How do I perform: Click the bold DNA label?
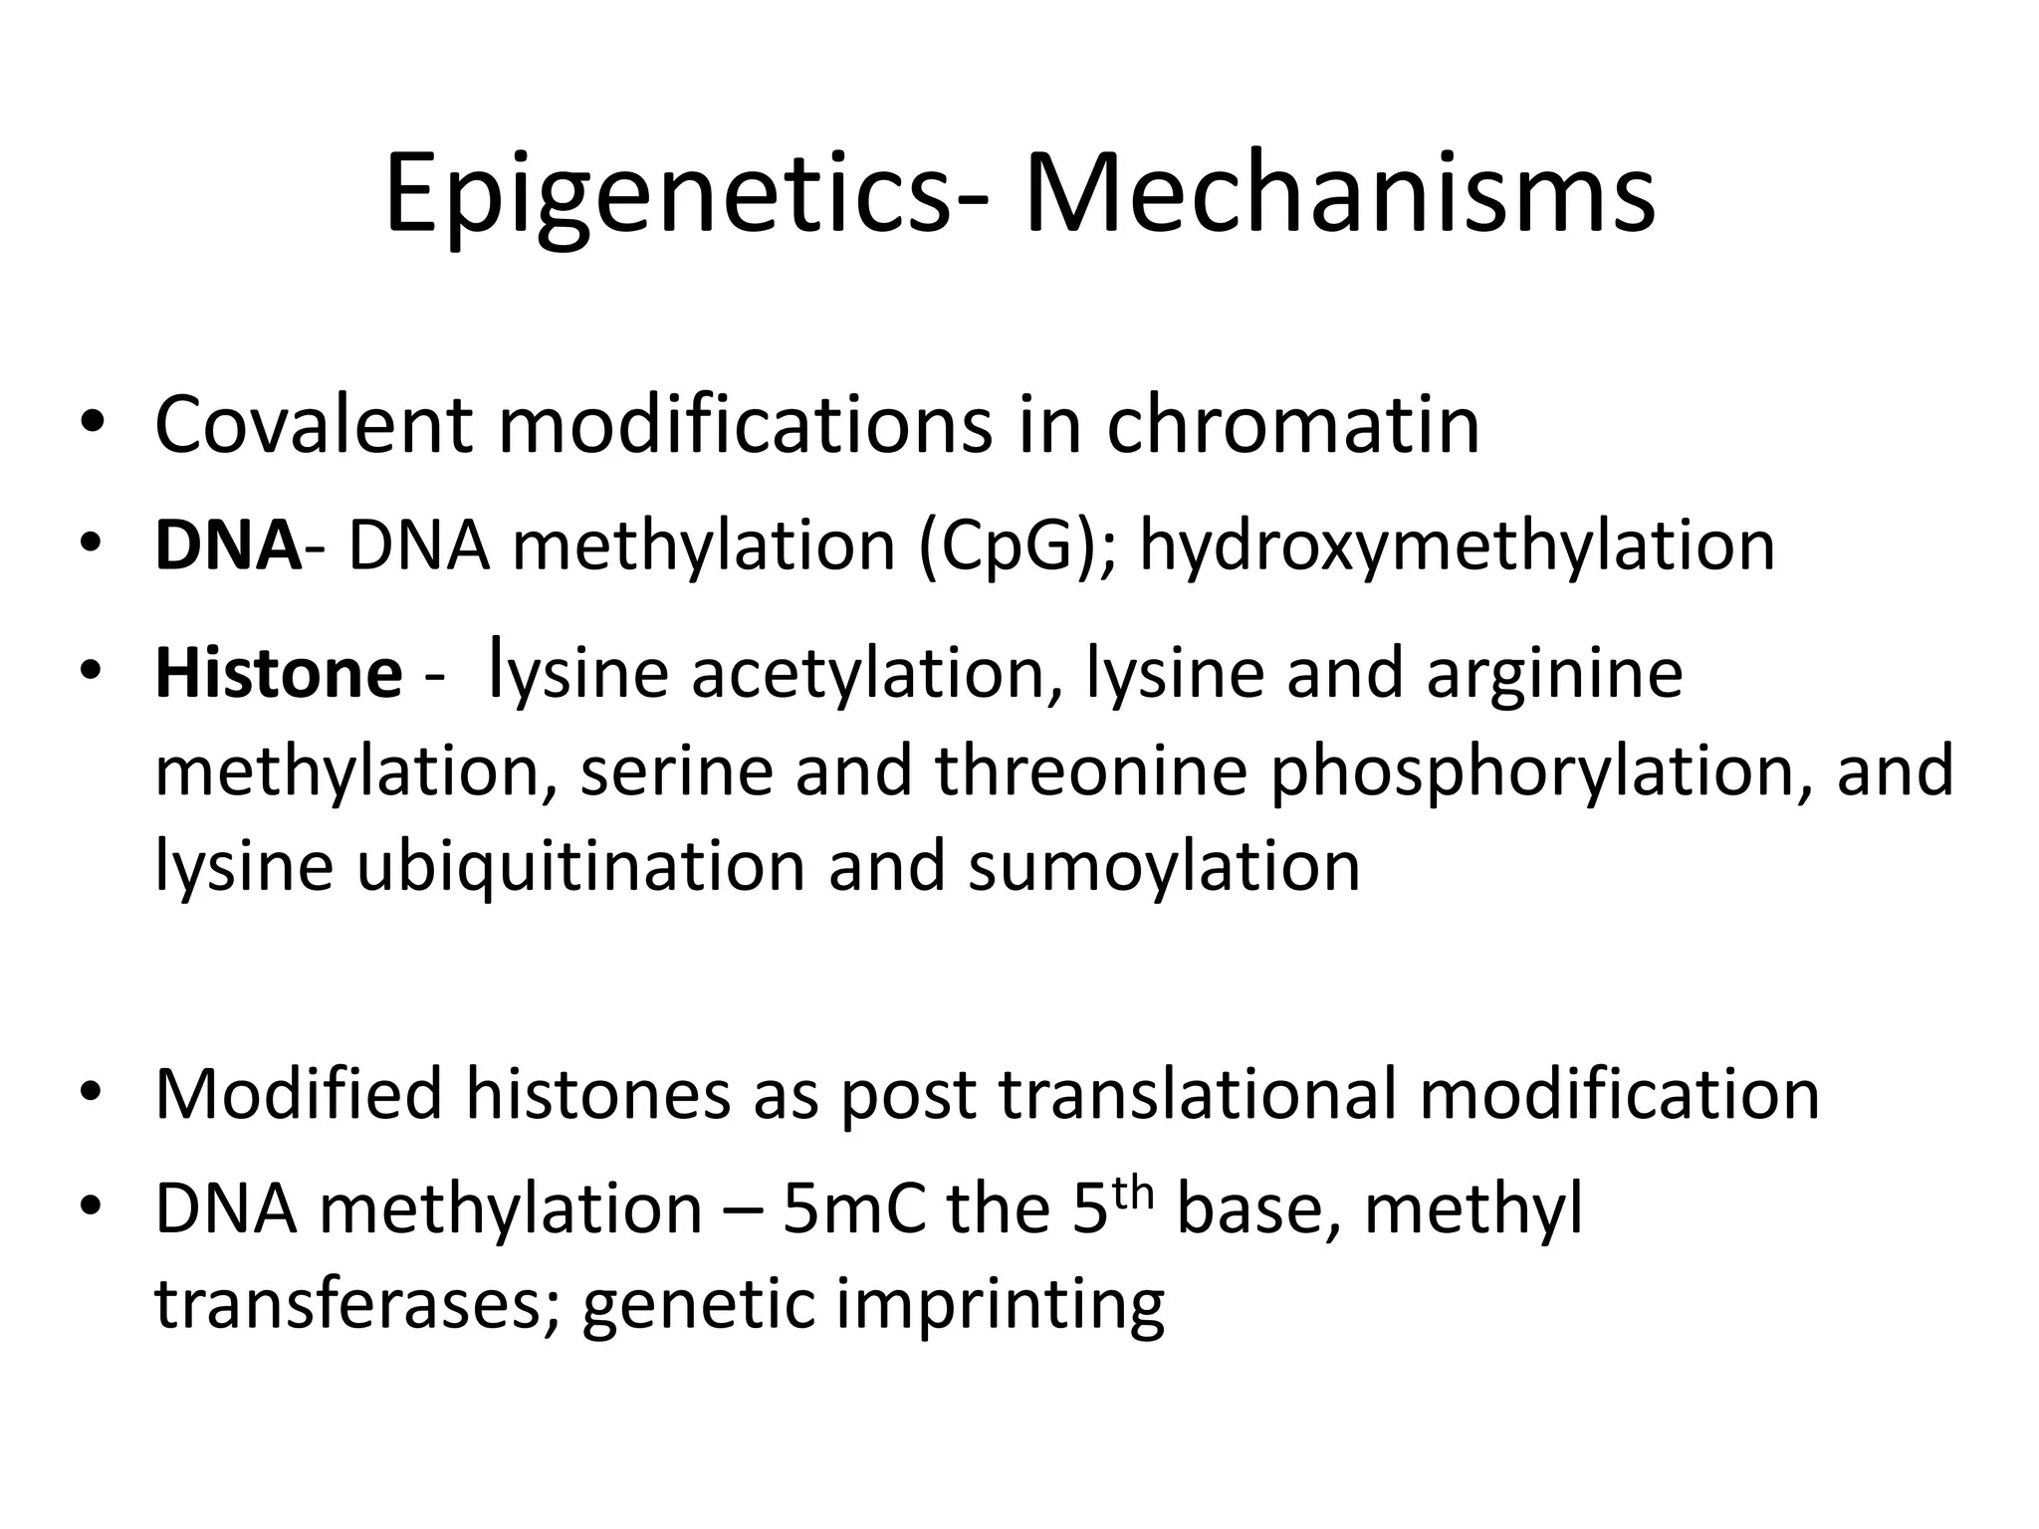click(x=228, y=546)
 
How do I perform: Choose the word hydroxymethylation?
click(x=1457, y=548)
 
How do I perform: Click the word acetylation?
click(x=866, y=674)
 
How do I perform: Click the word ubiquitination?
click(x=580, y=867)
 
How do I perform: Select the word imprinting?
click(x=1000, y=1306)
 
